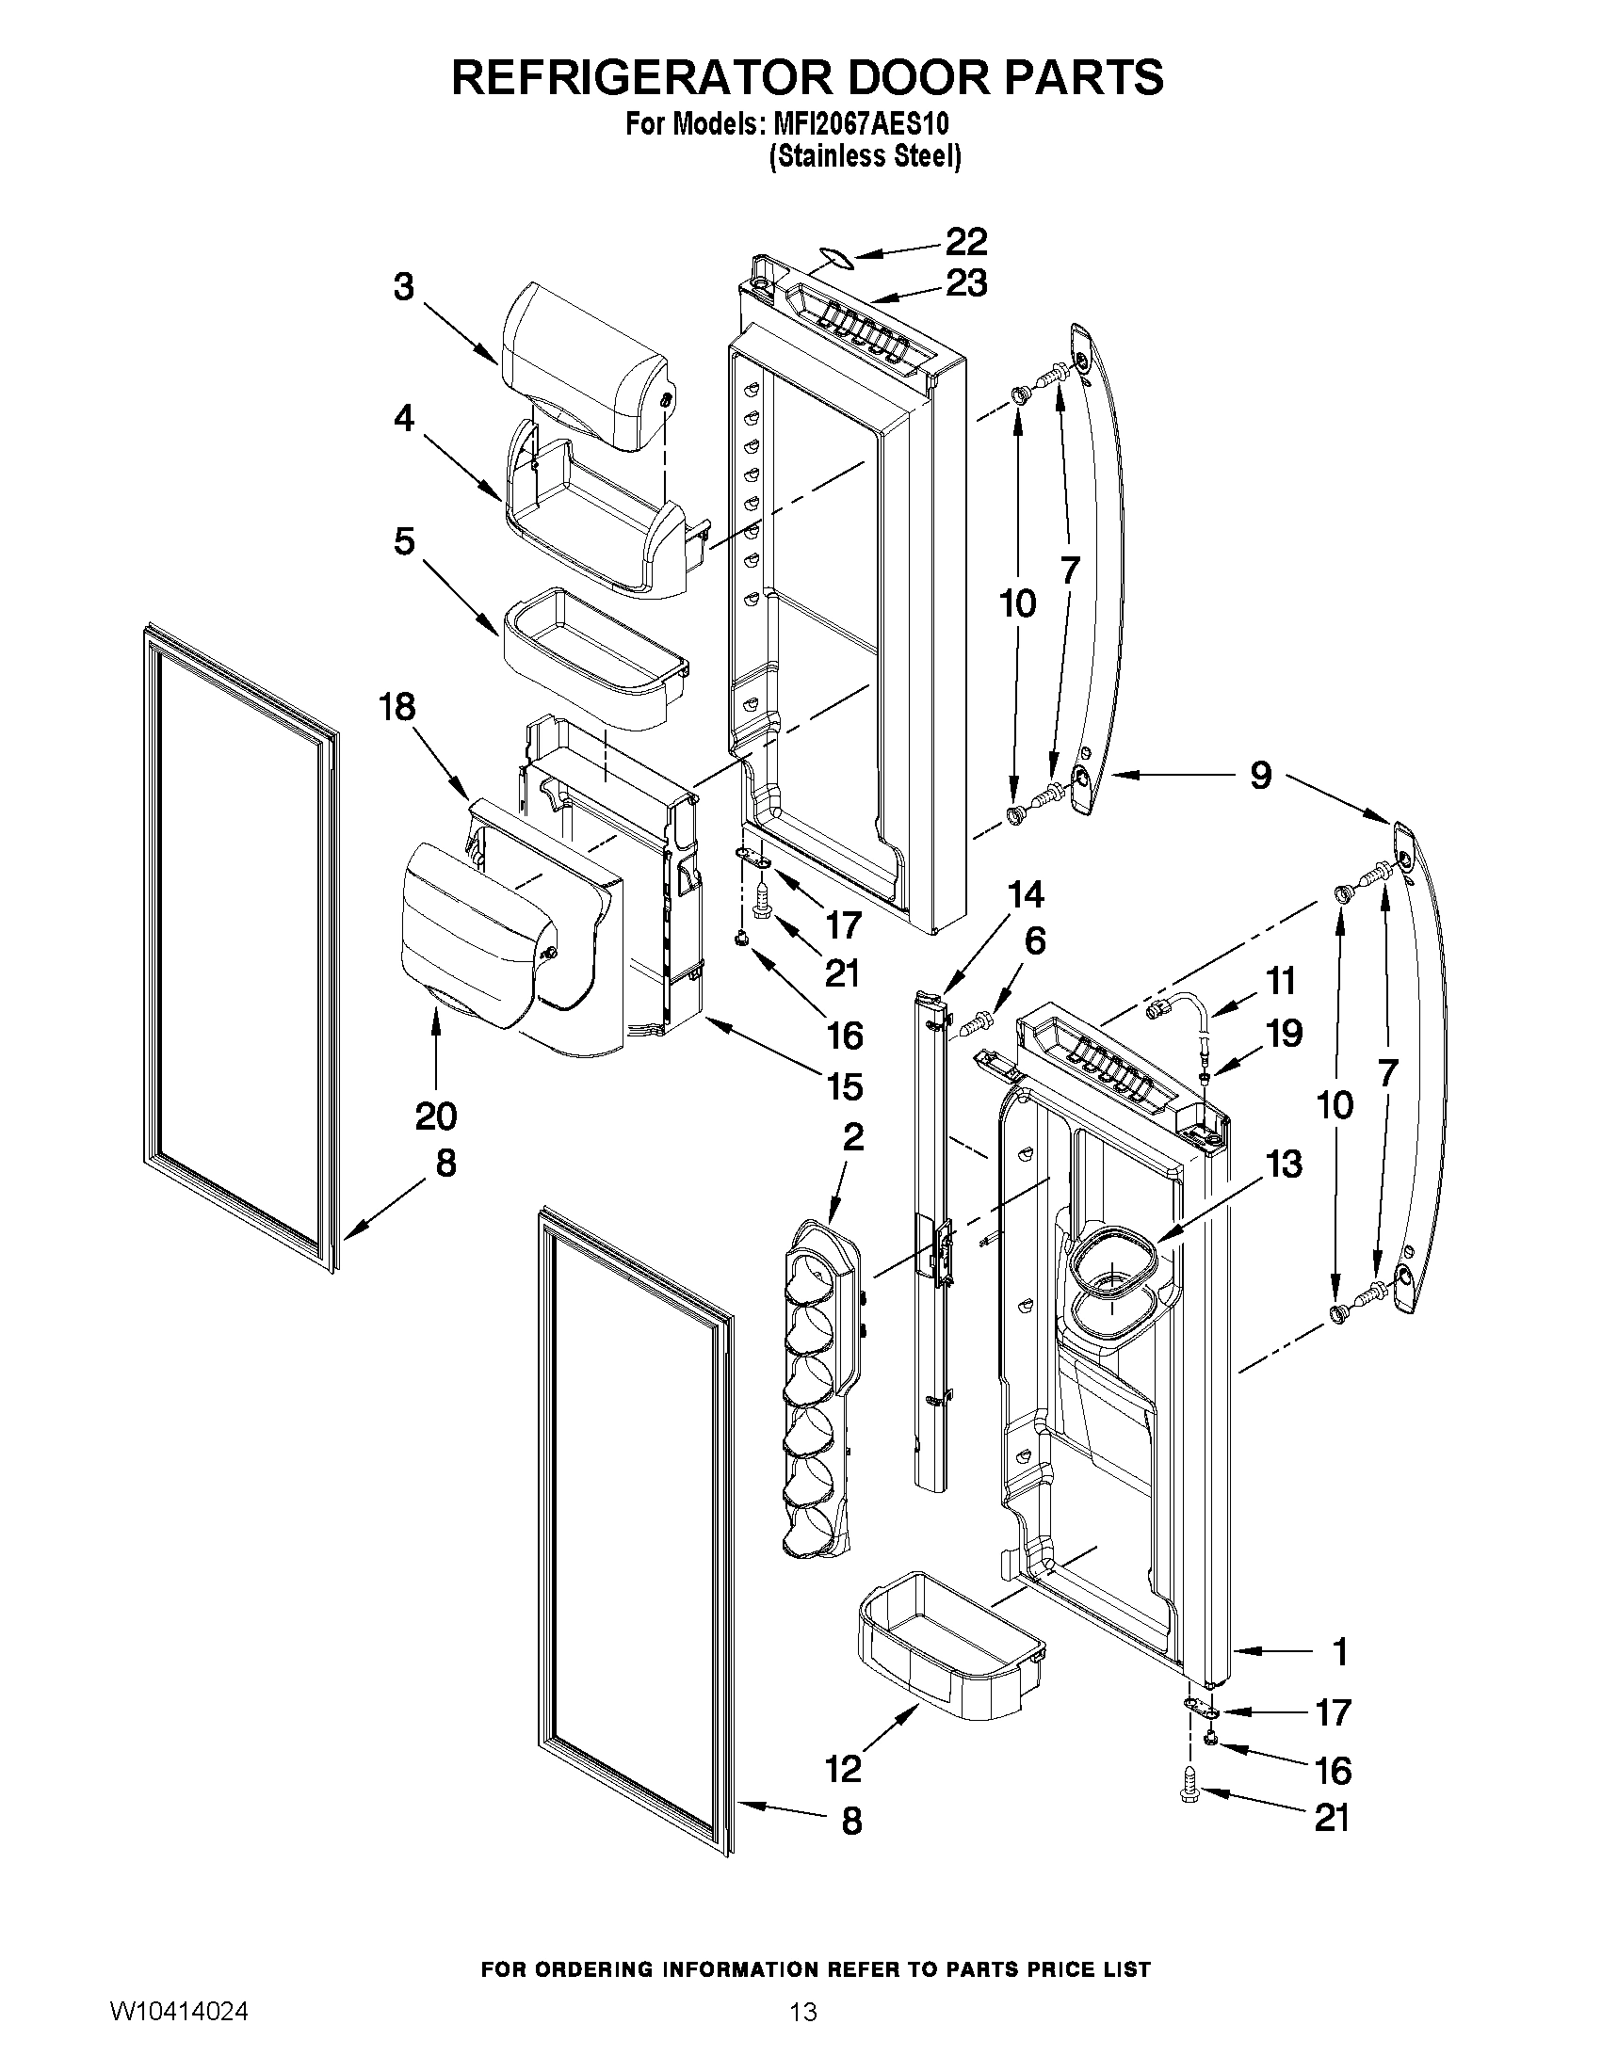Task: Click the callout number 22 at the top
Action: (966, 242)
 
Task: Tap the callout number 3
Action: (404, 286)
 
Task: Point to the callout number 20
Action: (436, 1116)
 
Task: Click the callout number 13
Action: (1284, 1164)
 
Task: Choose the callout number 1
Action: (1339, 1652)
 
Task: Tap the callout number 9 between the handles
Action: (1259, 775)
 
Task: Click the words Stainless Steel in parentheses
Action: (864, 156)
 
